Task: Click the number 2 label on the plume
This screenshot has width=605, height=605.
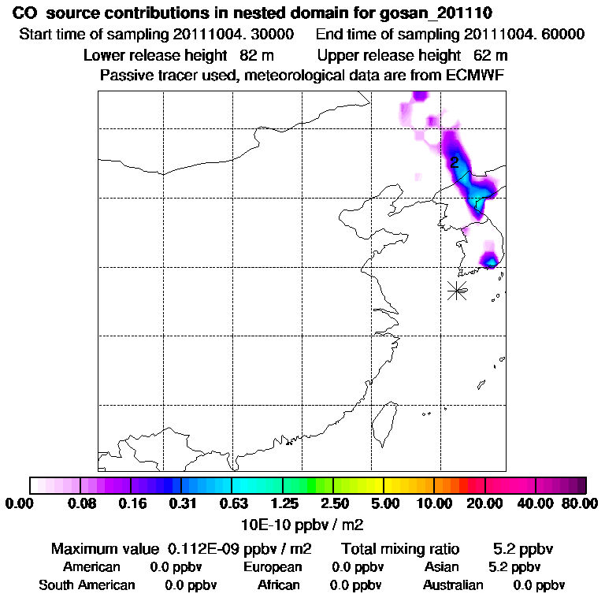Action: (455, 163)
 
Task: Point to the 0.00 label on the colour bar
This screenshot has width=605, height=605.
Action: (22, 503)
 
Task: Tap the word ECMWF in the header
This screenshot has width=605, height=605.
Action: (476, 76)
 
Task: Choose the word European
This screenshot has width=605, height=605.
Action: (273, 567)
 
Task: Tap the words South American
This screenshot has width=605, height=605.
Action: (87, 585)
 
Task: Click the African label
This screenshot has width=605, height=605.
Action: (279, 585)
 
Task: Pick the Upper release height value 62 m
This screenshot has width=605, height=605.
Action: (491, 56)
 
